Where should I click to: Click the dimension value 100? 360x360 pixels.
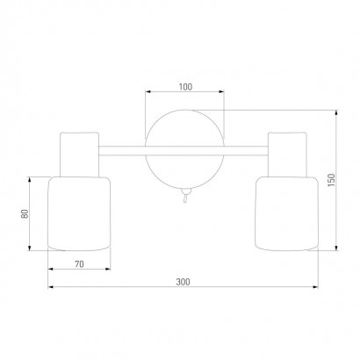(185, 87)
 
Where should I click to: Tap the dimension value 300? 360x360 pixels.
(183, 282)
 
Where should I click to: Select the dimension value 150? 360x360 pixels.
(331, 181)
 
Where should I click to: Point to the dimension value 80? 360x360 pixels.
(25, 213)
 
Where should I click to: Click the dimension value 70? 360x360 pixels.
(79, 264)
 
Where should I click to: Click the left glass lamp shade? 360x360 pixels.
(79, 213)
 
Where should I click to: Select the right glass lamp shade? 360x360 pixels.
(286, 213)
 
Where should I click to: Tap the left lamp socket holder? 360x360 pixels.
(79, 155)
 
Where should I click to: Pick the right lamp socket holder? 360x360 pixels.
(287, 155)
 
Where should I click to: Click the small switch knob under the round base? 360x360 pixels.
(185, 192)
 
